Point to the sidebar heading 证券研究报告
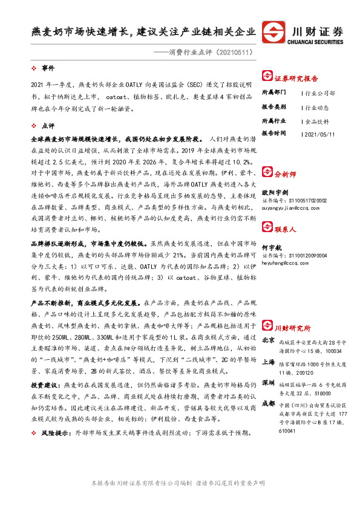[296, 79]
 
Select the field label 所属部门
[274, 93]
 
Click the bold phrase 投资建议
[44, 384]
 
